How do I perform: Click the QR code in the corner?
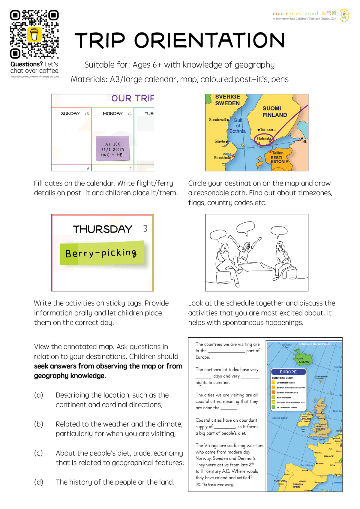point(34,34)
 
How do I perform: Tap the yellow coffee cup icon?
point(34,34)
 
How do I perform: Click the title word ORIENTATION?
point(209,41)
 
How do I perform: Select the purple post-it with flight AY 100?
point(112,149)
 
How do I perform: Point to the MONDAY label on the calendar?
point(112,113)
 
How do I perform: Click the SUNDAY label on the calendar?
point(70,113)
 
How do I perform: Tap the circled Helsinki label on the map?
point(264,138)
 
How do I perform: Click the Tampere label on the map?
point(267,130)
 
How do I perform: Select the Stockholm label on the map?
point(223,158)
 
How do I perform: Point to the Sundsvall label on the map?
point(217,119)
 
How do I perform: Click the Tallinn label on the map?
point(277,153)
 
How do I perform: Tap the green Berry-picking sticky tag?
point(102,253)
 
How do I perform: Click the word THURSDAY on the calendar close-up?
point(102,229)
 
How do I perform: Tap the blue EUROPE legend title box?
point(288,372)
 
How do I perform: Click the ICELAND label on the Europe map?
point(304,362)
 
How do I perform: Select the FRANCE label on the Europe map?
point(328,456)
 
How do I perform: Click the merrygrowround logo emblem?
point(344,15)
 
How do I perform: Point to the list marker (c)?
point(38,453)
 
